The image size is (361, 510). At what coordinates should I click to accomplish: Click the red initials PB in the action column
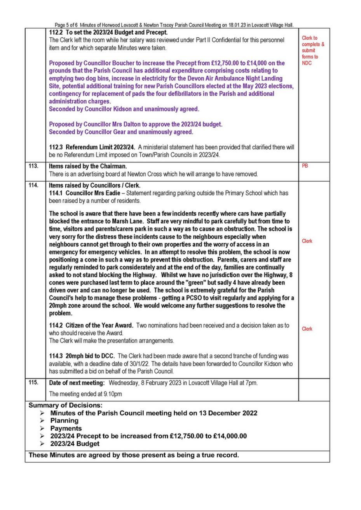click(x=305, y=166)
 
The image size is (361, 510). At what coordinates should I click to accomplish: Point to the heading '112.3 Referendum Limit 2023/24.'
click(x=92, y=147)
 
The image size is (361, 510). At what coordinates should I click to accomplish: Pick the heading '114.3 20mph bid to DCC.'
click(x=82, y=356)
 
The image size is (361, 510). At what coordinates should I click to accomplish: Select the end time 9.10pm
click(x=111, y=394)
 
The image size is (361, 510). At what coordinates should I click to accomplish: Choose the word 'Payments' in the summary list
click(x=66, y=428)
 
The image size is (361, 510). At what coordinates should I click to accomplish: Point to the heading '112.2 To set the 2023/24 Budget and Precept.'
click(x=108, y=32)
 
